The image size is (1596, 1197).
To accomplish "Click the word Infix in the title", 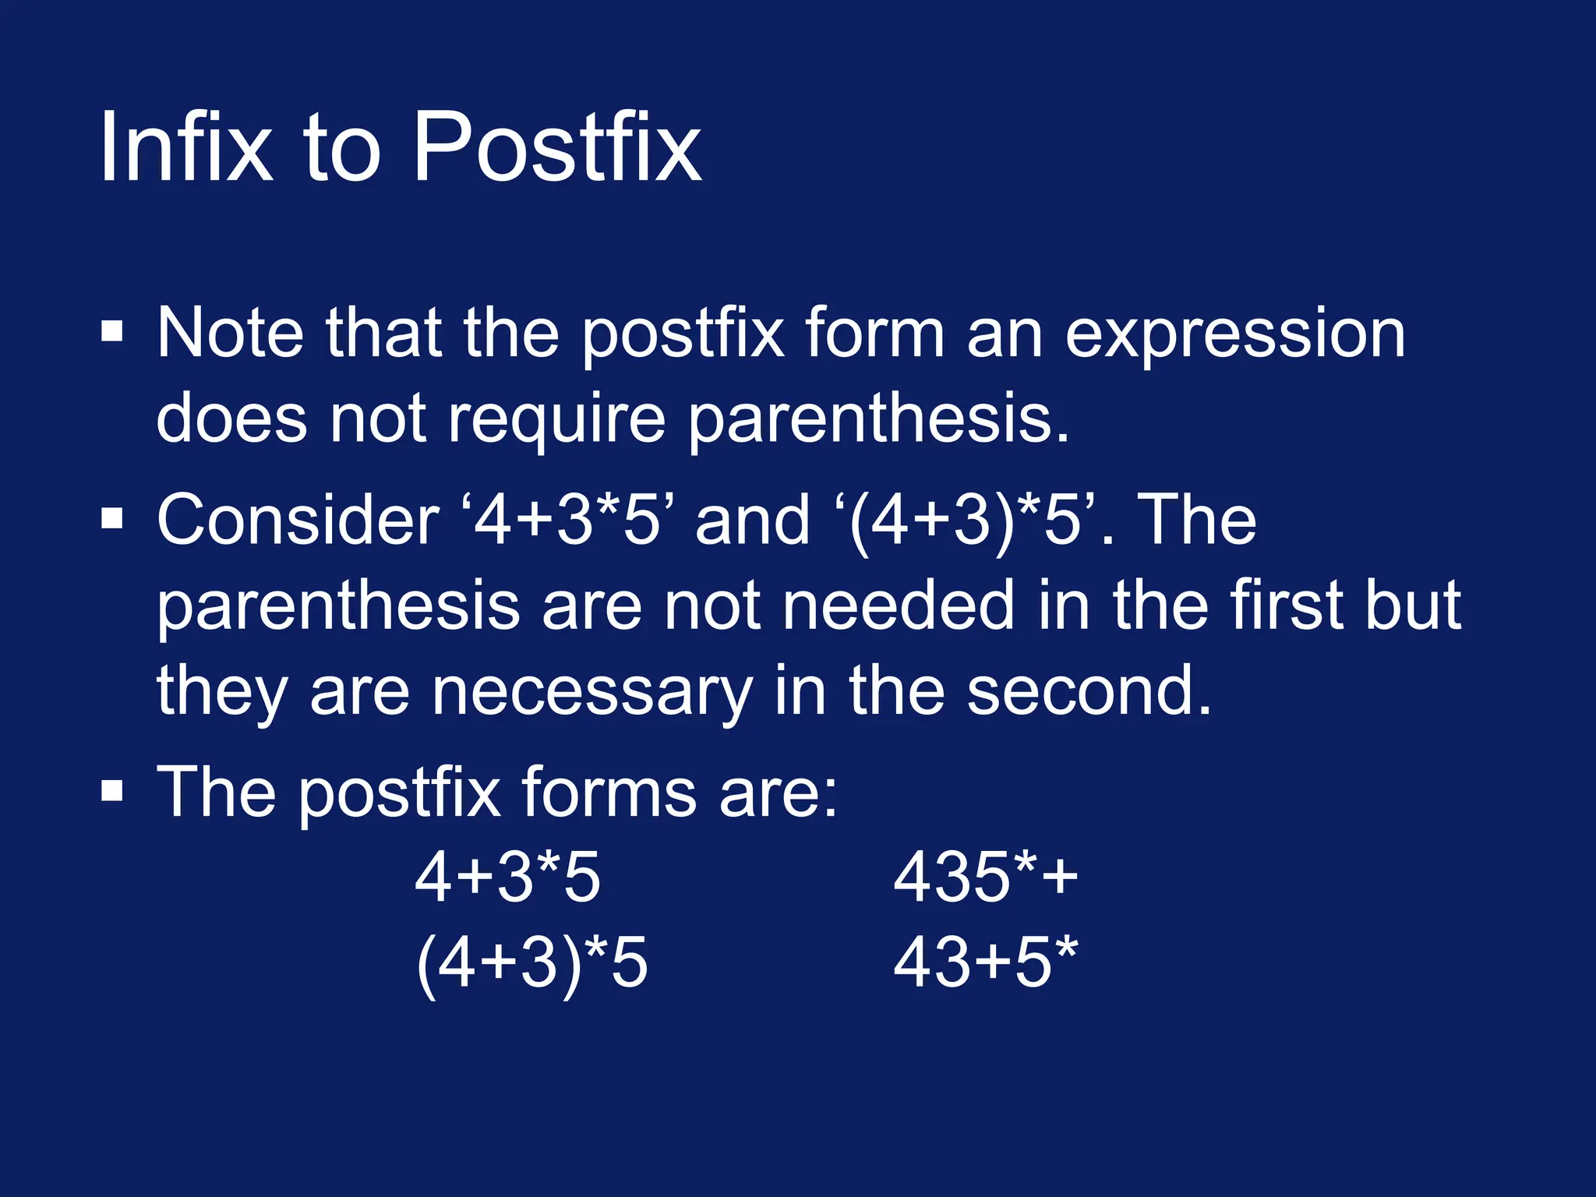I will pos(186,147).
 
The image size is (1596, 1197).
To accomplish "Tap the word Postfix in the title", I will pos(556,147).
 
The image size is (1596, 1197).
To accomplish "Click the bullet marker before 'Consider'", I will pos(112,517).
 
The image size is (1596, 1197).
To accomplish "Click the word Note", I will pos(230,333).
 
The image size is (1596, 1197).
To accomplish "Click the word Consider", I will pos(298,520).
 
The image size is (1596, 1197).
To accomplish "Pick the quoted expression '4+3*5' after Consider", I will pos(567,520).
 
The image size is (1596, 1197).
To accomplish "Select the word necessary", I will pos(592,690).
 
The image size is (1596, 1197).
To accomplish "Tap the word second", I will pos(1089,690).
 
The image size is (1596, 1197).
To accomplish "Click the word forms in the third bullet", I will pos(609,792).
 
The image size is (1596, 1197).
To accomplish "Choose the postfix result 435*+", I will pos(986,877).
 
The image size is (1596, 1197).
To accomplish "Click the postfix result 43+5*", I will pos(986,963).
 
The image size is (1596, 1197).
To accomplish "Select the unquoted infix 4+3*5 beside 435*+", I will pos(507,877).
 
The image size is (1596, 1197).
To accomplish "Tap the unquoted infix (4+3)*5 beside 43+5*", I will pos(531,963).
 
